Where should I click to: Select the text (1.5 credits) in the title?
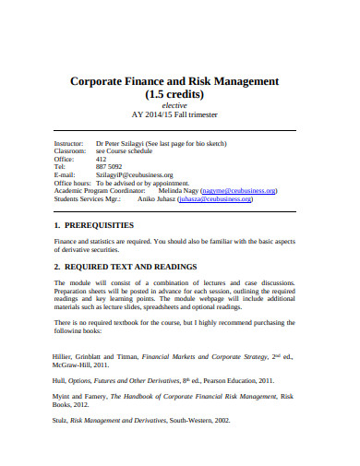(x=180, y=95)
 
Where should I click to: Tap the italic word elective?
(x=180, y=107)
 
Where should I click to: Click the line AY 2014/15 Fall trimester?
(x=180, y=116)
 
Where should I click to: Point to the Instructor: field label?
(x=71, y=144)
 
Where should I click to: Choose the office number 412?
(x=102, y=160)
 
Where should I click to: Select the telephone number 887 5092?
(x=109, y=167)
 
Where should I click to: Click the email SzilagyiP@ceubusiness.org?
(x=135, y=174)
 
